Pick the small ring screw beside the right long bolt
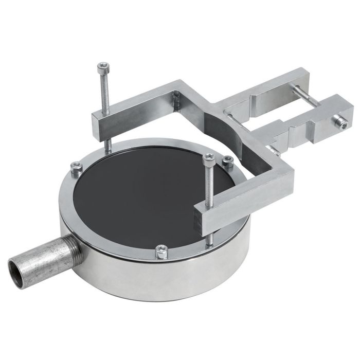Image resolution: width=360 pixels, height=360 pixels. point(228,160)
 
